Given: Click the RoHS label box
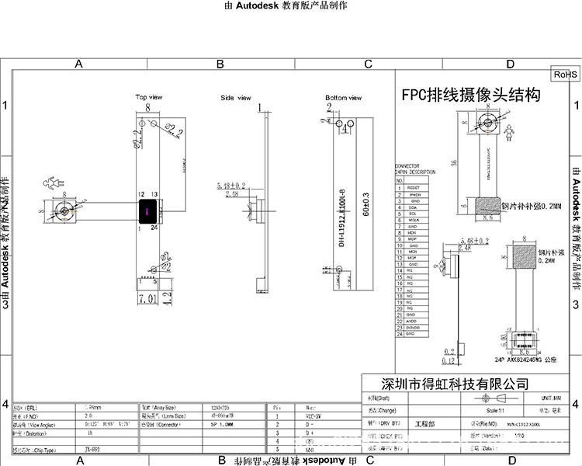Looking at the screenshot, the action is (565, 75).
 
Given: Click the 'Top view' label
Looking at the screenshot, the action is (149, 97).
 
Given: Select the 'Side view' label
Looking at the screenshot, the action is (236, 98).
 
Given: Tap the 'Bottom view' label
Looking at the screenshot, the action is (344, 98).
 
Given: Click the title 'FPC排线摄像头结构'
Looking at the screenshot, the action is (470, 96).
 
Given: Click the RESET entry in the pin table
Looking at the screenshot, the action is (413, 187).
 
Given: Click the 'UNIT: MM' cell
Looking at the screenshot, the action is (552, 397).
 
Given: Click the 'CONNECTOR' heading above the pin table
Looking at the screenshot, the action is (407, 166).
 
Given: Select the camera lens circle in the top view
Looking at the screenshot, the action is (61, 210).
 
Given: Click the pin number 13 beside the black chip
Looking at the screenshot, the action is (155, 193).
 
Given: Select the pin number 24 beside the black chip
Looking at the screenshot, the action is (155, 228).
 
